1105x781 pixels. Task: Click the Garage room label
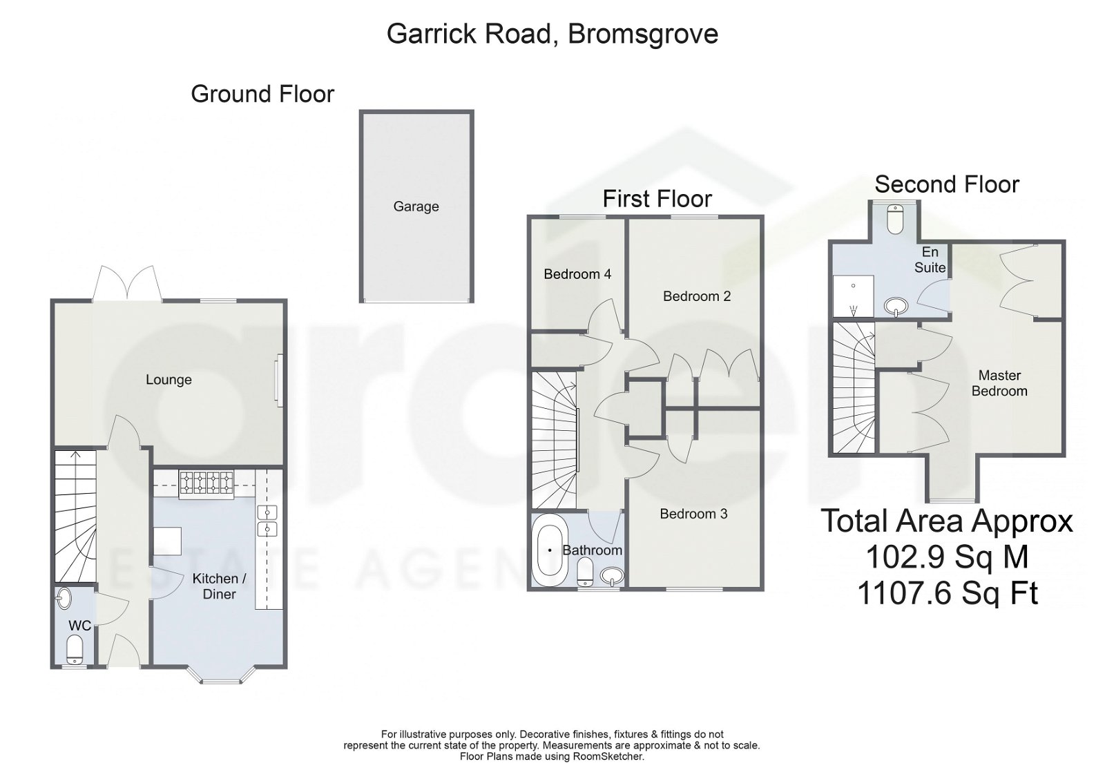click(x=416, y=206)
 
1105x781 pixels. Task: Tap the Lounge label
click(x=169, y=380)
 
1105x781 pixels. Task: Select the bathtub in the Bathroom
click(x=550, y=550)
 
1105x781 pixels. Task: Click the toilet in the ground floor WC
click(x=74, y=650)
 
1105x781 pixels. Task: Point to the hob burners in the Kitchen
click(x=207, y=483)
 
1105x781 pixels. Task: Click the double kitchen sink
click(x=267, y=521)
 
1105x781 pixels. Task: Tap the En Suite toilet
click(x=895, y=219)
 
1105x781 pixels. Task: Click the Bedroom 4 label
click(x=577, y=274)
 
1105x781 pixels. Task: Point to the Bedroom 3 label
click(x=693, y=514)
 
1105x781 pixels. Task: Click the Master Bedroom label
click(x=999, y=383)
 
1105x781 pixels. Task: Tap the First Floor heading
click(x=657, y=199)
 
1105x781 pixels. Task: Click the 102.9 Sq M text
click(x=947, y=557)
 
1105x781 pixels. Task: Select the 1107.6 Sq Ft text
click(x=947, y=593)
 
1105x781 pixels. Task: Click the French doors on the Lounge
click(x=128, y=284)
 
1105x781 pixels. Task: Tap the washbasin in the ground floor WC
click(x=64, y=597)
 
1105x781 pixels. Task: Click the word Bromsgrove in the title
click(x=643, y=34)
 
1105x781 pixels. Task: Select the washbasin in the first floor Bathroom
click(x=611, y=575)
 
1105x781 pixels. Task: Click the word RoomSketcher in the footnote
click(x=608, y=756)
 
